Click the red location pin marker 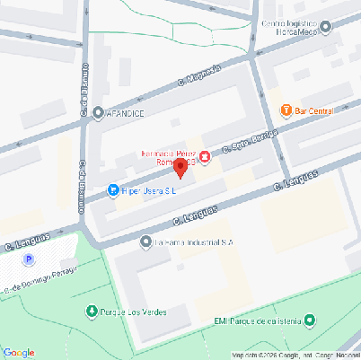coord(180,167)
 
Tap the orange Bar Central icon coord(286,110)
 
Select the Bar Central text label coord(314,110)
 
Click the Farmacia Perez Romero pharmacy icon coord(205,157)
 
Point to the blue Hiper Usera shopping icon coord(113,190)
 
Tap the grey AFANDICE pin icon coord(98,113)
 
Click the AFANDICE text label coord(127,113)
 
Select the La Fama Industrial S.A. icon coord(146,241)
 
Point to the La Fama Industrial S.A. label coord(194,241)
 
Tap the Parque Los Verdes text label coord(132,312)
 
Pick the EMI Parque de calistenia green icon coord(310,320)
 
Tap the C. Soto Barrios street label coord(246,142)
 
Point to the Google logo coord(20,352)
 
